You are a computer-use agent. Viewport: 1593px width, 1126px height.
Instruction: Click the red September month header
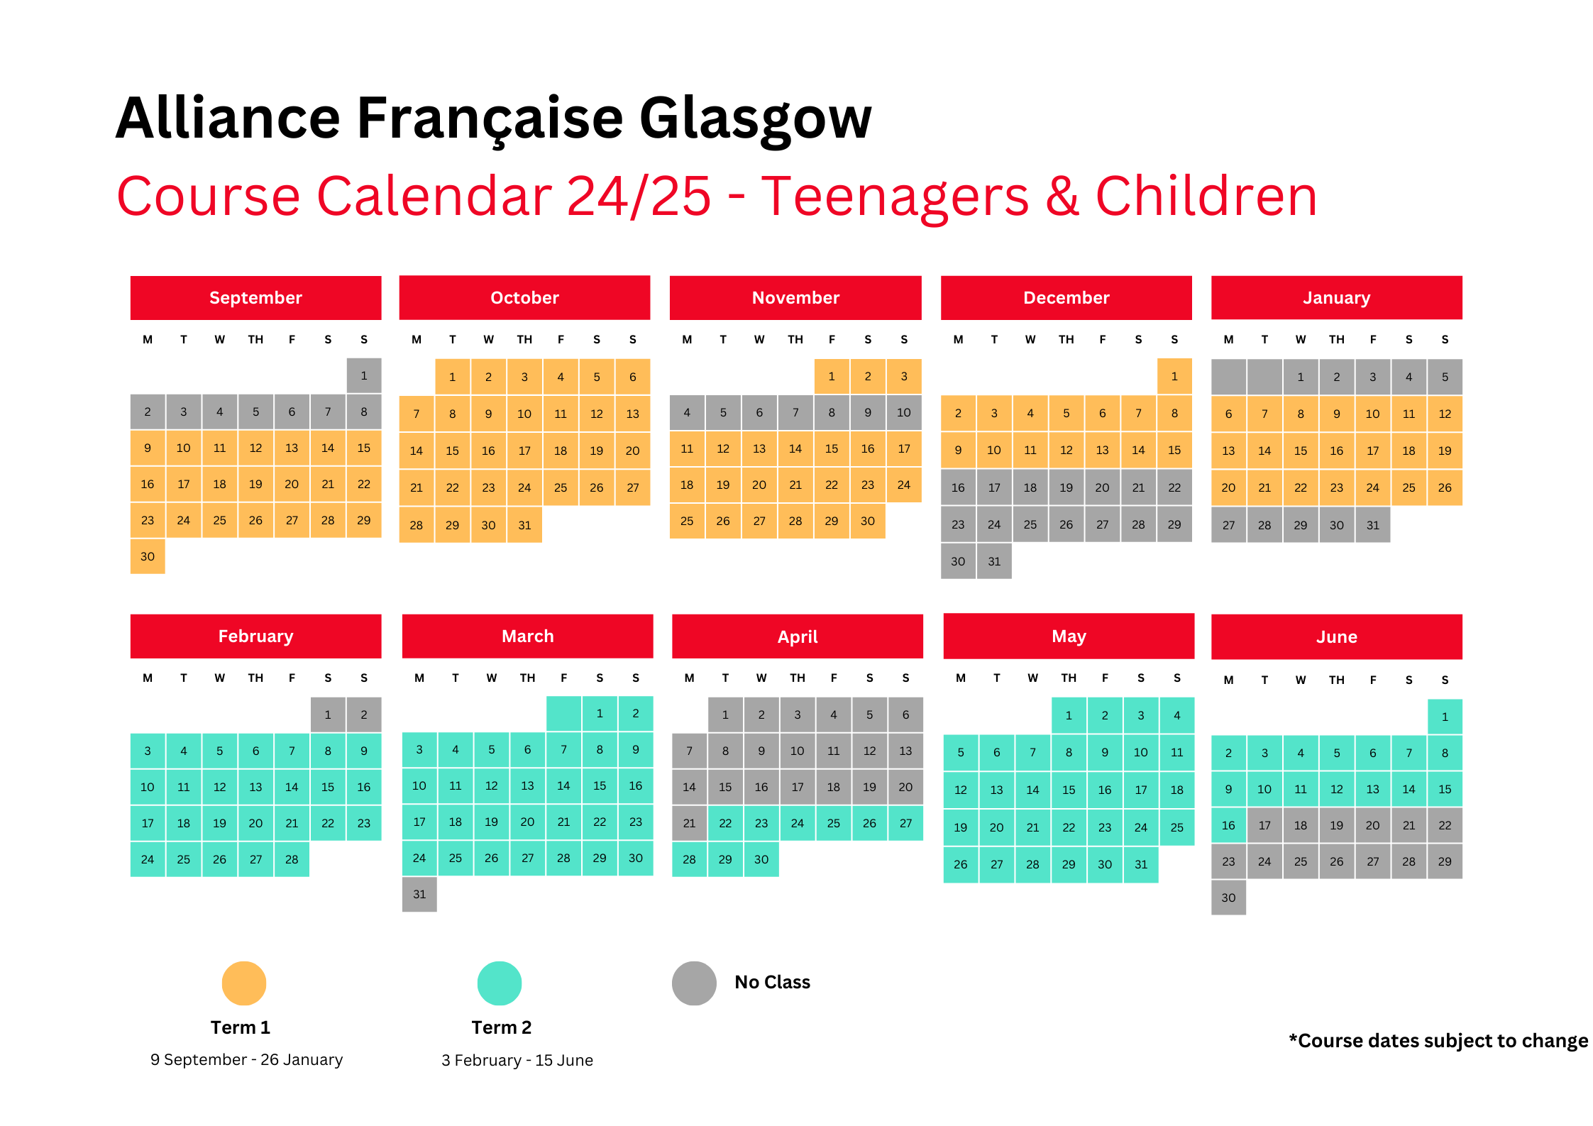click(x=255, y=298)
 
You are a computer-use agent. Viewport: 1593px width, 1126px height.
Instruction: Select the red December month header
click(x=1066, y=298)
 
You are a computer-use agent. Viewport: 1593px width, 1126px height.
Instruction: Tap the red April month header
click(x=798, y=636)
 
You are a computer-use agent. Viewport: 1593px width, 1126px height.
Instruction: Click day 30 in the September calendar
click(x=148, y=556)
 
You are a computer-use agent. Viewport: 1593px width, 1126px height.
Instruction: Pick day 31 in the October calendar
click(x=524, y=525)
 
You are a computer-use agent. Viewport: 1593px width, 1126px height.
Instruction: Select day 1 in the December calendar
click(x=1174, y=377)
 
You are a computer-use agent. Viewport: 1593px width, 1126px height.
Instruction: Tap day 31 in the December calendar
click(x=994, y=561)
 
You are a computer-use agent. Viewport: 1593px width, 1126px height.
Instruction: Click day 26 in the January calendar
click(x=1445, y=487)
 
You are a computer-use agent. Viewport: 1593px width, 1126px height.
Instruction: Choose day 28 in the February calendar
click(x=292, y=859)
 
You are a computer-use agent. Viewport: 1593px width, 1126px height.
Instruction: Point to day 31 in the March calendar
click(x=419, y=894)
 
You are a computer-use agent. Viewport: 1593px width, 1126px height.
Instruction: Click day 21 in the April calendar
click(x=689, y=823)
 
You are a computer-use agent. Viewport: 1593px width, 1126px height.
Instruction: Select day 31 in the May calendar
click(x=1141, y=864)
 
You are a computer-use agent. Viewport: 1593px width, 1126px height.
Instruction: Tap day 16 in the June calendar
click(x=1228, y=825)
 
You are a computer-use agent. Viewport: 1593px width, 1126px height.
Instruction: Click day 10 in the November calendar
click(x=903, y=412)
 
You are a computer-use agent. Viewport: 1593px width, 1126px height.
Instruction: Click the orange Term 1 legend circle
click(x=244, y=983)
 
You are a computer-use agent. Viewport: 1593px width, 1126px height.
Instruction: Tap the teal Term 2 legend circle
click(x=500, y=983)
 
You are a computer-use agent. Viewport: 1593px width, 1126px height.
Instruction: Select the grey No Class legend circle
click(x=694, y=983)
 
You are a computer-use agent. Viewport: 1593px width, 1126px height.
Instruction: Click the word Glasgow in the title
click(x=755, y=119)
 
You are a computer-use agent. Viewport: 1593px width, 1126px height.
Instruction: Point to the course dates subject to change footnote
click(x=1438, y=1041)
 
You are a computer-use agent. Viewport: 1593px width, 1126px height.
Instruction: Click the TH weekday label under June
click(x=1336, y=680)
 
